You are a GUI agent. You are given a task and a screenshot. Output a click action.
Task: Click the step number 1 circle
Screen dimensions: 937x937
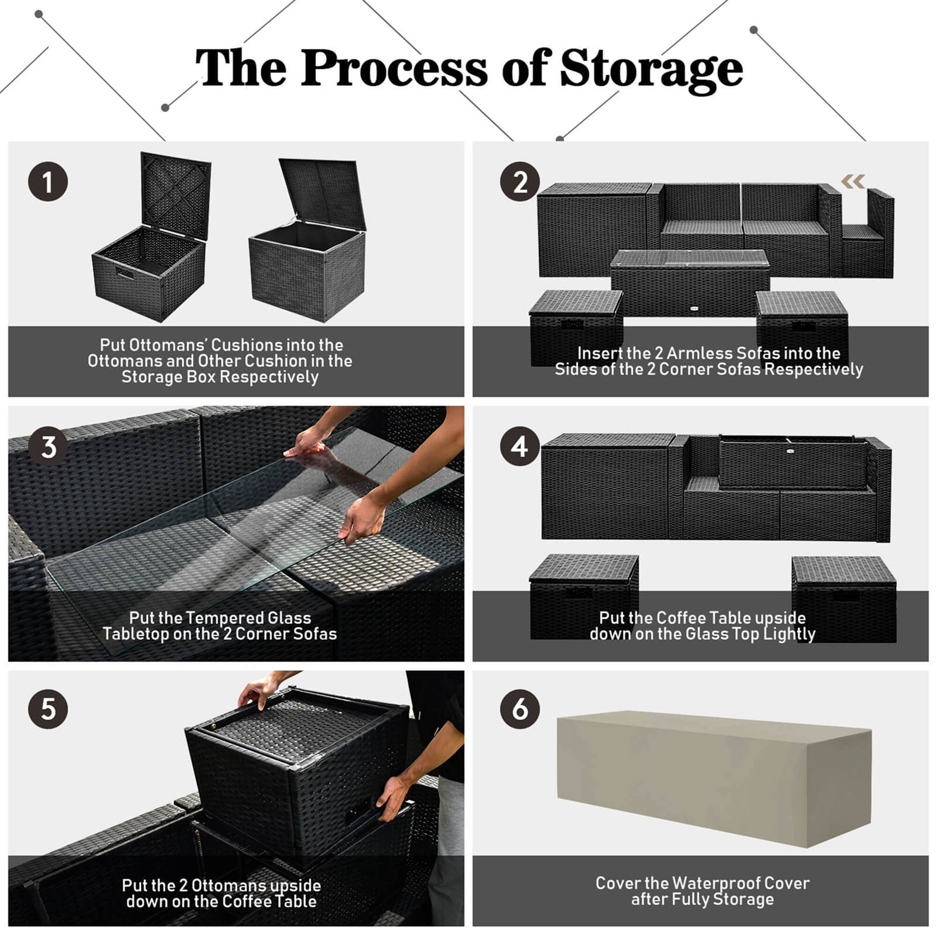47,182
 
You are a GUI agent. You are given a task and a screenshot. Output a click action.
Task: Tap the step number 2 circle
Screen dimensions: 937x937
520,182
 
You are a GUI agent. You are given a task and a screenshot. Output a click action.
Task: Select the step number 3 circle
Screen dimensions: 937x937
47,446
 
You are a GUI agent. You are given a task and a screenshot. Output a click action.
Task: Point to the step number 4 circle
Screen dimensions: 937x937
520,446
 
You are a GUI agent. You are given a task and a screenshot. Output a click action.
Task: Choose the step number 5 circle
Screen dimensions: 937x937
47,709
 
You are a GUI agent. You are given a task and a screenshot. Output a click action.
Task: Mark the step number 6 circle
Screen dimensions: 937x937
520,709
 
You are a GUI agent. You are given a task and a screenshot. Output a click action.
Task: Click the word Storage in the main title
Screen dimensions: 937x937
651,69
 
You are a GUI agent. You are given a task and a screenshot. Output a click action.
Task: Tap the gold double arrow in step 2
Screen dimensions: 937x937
853,182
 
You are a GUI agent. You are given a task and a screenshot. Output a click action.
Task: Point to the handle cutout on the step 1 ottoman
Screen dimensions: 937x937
125,273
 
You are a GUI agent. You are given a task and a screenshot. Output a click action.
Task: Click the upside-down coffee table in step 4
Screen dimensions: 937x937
793,463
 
